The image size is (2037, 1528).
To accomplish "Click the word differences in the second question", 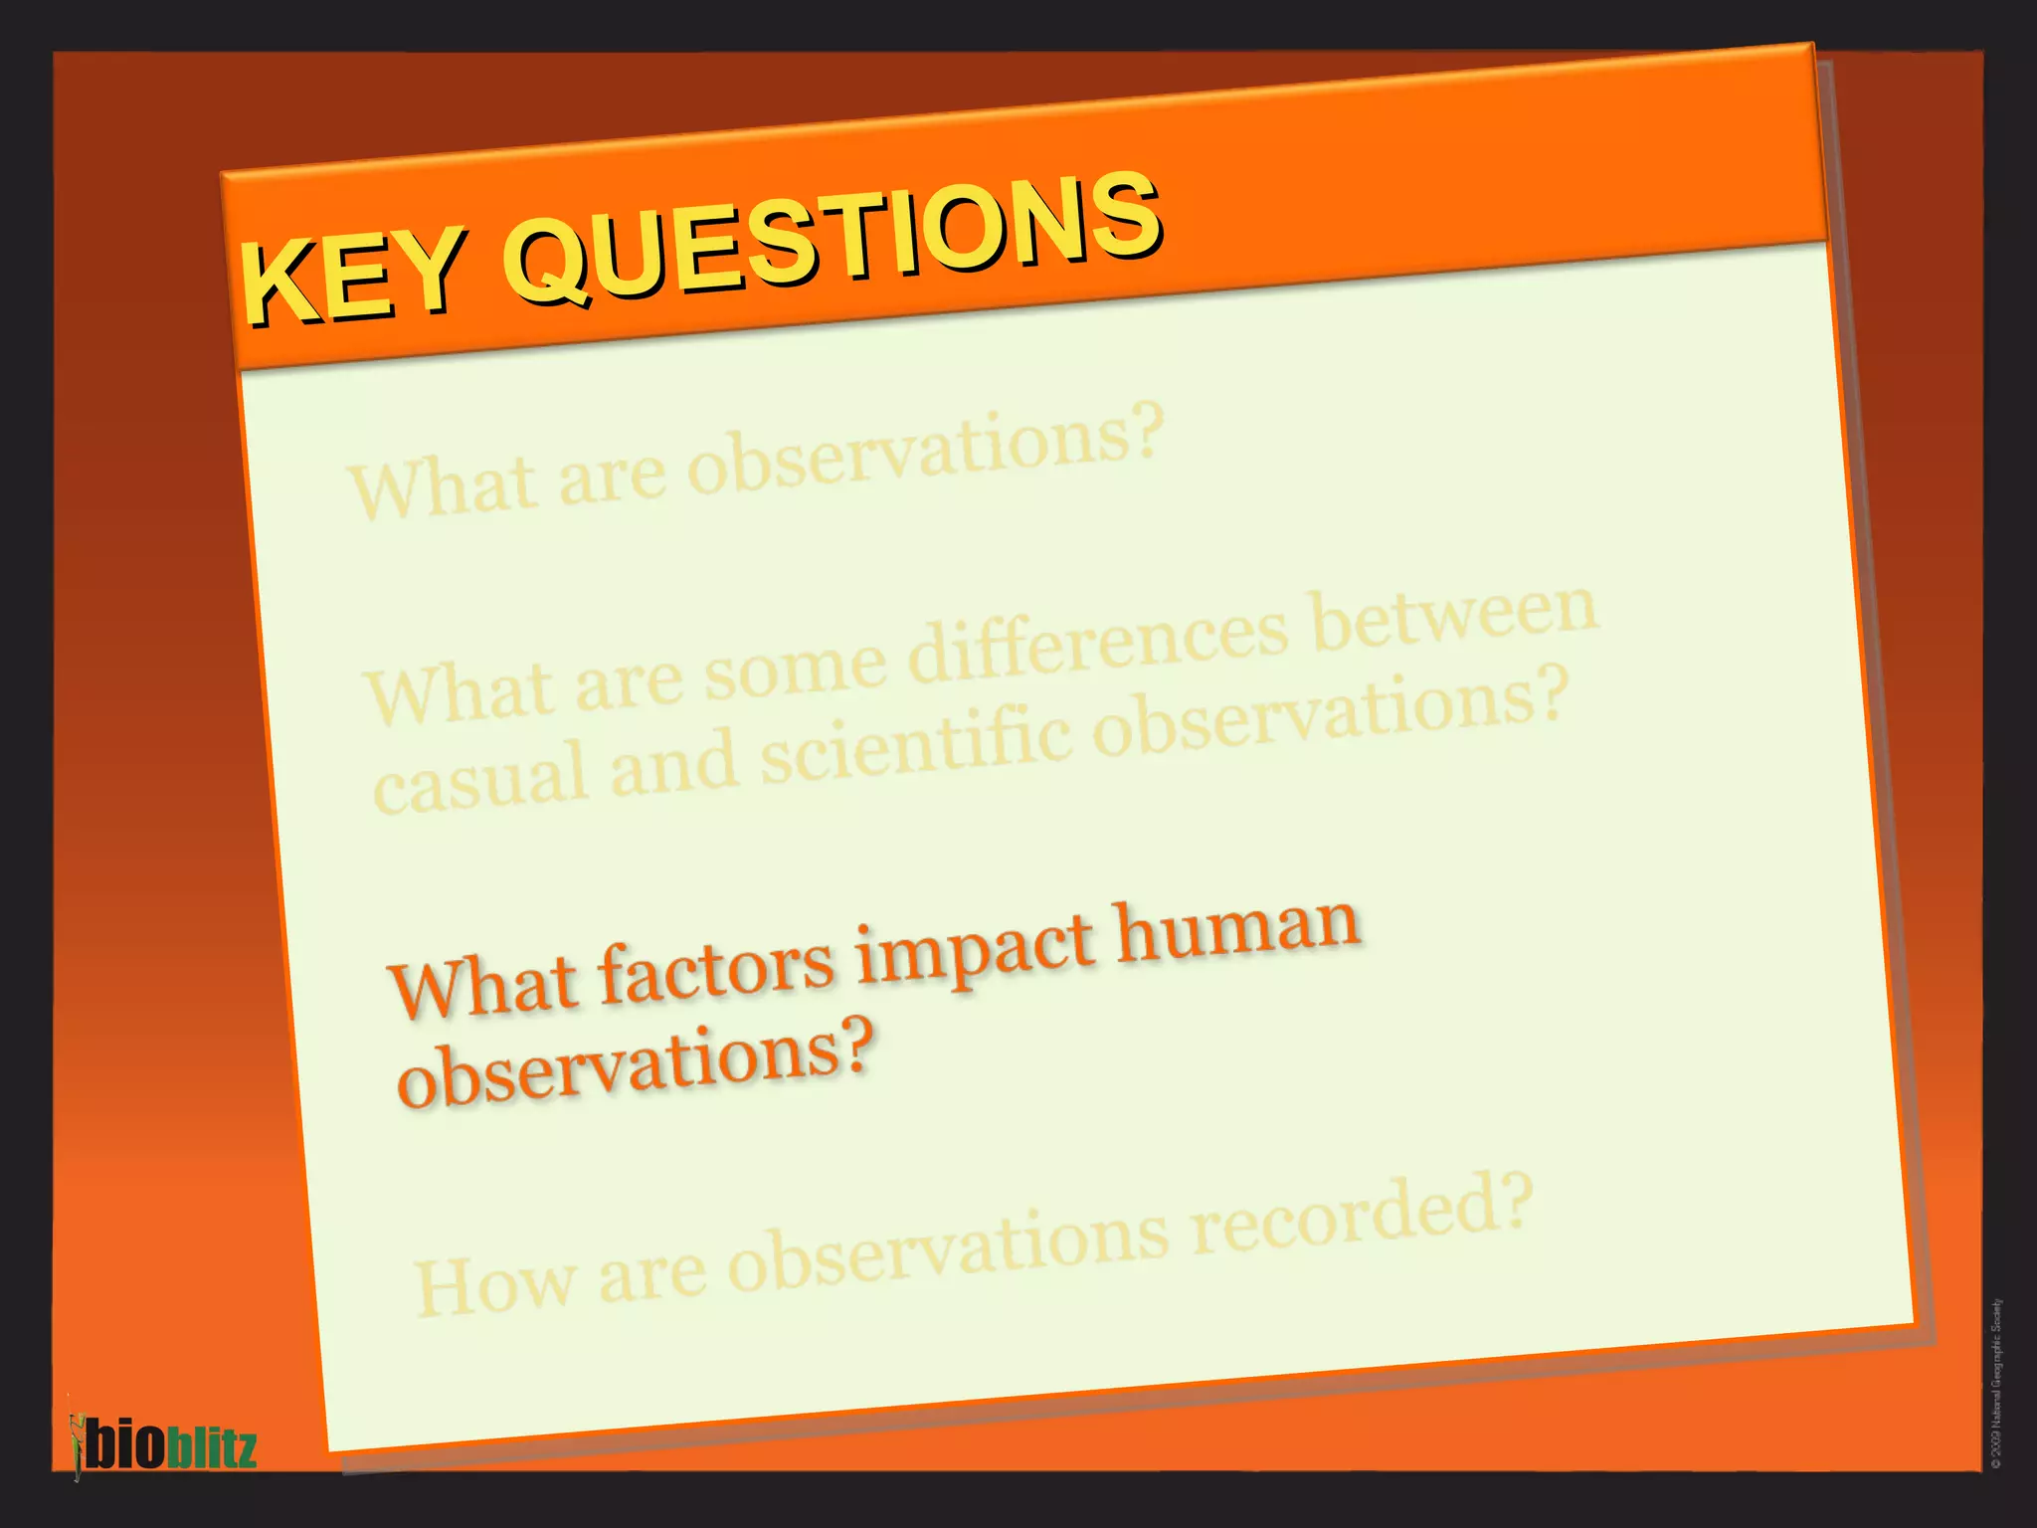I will click(x=1098, y=642).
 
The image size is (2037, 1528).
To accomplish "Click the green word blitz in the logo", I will click(x=211, y=1447).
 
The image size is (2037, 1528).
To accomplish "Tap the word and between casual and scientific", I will click(x=673, y=765).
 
